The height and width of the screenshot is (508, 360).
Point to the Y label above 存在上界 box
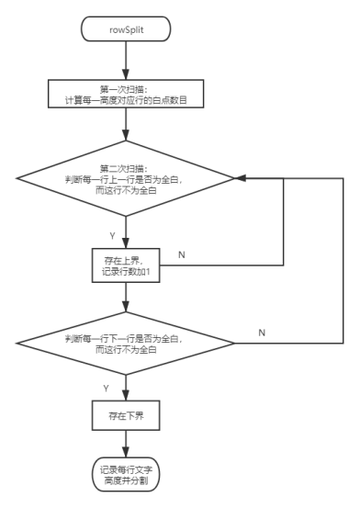[x=112, y=235]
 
